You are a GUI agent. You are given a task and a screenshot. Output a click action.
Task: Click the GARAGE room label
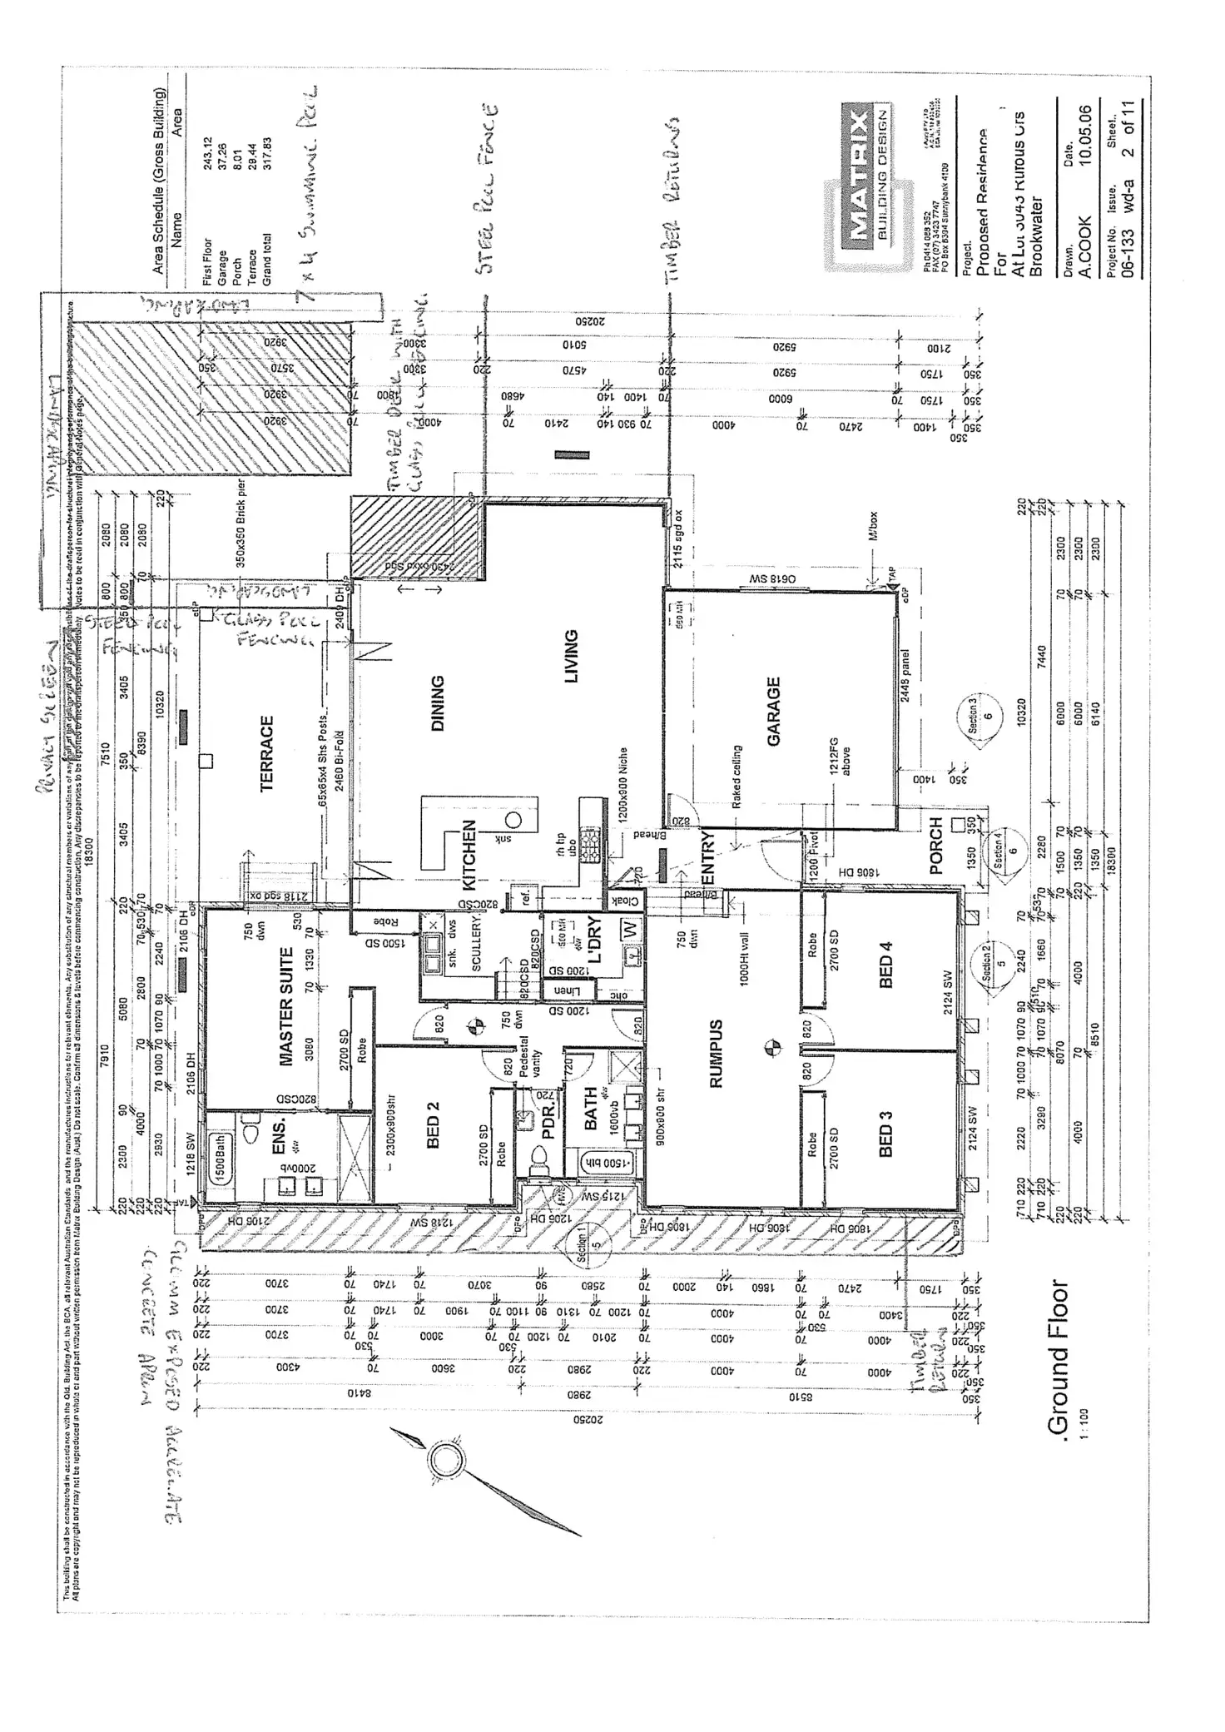tap(774, 712)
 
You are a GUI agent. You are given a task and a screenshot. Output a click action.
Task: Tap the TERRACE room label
tap(267, 753)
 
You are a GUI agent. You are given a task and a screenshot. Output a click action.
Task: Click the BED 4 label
tap(885, 965)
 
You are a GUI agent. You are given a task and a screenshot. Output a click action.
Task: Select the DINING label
tap(438, 703)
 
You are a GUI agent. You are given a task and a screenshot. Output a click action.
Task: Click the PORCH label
tap(935, 846)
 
